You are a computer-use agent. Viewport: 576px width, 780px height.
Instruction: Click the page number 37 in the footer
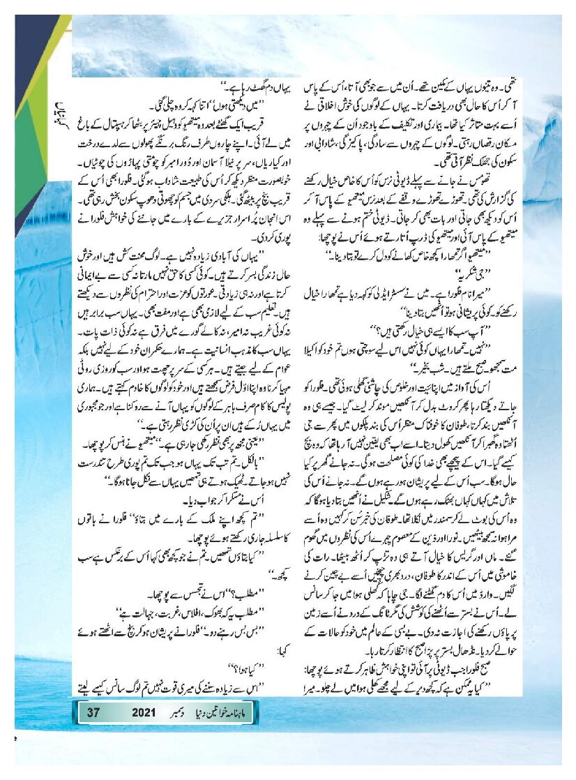pyautogui.click(x=93, y=712)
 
